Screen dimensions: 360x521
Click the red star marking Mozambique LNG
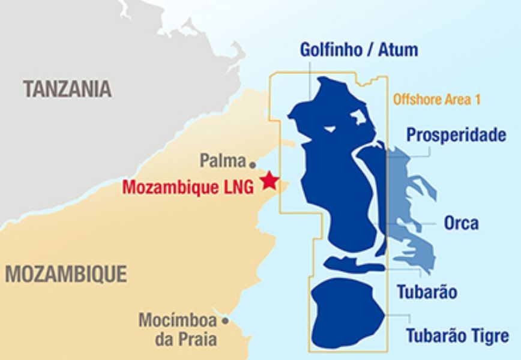pos(270,181)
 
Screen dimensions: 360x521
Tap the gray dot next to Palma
pos(253,163)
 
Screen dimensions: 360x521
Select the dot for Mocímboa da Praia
pos(226,321)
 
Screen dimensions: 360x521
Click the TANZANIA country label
pos(68,89)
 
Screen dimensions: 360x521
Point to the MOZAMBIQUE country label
pos(66,274)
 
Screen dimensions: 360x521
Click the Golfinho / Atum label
pos(359,49)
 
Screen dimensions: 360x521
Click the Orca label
pos(461,223)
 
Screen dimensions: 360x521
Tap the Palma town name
pos(223,161)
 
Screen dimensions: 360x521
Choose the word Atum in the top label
pos(397,49)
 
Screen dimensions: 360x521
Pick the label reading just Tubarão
pos(427,292)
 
